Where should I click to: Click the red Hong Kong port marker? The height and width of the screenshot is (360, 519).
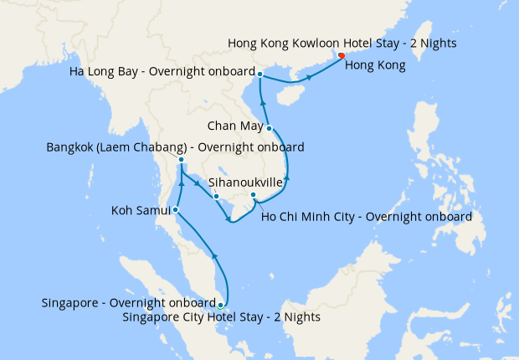(342, 57)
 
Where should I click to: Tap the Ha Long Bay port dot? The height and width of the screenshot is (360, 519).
(260, 75)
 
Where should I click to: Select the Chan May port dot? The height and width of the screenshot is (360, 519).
(269, 128)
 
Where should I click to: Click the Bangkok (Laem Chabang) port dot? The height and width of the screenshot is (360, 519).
(181, 160)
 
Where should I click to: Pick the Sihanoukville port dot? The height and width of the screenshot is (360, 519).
(216, 197)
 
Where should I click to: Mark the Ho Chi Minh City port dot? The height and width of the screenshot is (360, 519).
(254, 196)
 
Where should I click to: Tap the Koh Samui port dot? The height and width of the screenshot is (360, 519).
(175, 209)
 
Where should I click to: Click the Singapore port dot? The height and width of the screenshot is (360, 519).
(220, 305)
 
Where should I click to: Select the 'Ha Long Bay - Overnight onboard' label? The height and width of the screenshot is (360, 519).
(163, 74)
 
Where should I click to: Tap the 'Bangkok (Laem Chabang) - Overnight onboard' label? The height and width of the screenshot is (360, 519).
(175, 147)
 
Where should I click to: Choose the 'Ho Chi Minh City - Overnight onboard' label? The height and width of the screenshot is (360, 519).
(367, 216)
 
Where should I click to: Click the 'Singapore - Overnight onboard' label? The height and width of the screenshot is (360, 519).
(127, 302)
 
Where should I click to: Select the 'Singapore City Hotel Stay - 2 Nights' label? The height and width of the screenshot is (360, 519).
(221, 317)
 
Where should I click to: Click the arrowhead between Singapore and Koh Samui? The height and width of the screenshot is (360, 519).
(215, 255)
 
